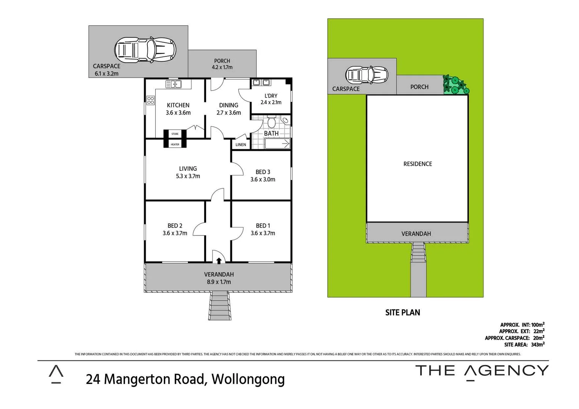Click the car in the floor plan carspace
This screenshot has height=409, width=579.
tap(145, 50)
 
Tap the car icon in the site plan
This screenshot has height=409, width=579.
tap(367, 75)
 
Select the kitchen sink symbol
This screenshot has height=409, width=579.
tap(174, 84)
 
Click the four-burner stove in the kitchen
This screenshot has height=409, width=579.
tap(150, 100)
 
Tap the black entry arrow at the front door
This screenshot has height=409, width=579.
tap(219, 261)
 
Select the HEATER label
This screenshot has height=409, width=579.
tap(175, 144)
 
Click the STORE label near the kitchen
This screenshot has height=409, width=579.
tap(175, 134)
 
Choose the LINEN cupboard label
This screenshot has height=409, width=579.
tap(241, 145)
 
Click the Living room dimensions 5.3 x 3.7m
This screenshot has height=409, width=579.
tap(188, 176)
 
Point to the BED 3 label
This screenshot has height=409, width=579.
tap(263, 172)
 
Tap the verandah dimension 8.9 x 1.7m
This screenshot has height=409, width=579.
tap(219, 282)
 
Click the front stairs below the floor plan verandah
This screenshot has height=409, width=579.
tap(219, 306)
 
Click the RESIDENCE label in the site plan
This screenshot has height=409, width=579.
tap(418, 164)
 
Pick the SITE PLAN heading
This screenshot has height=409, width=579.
tap(402, 312)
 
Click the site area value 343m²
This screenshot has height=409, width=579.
tap(537, 345)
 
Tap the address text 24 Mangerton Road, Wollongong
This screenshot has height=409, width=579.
tap(185, 379)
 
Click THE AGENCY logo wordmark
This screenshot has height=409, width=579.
tap(482, 371)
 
